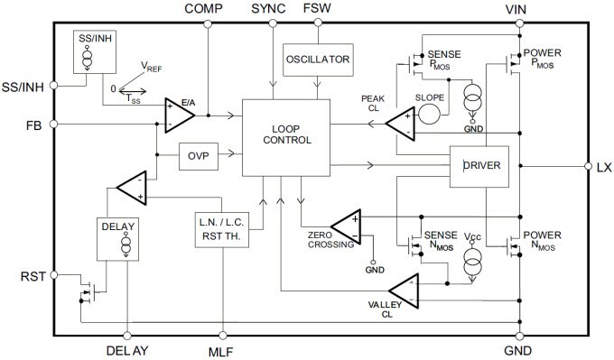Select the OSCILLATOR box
point(316,60)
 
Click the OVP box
point(199,155)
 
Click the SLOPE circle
point(430,114)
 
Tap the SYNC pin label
point(267,8)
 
